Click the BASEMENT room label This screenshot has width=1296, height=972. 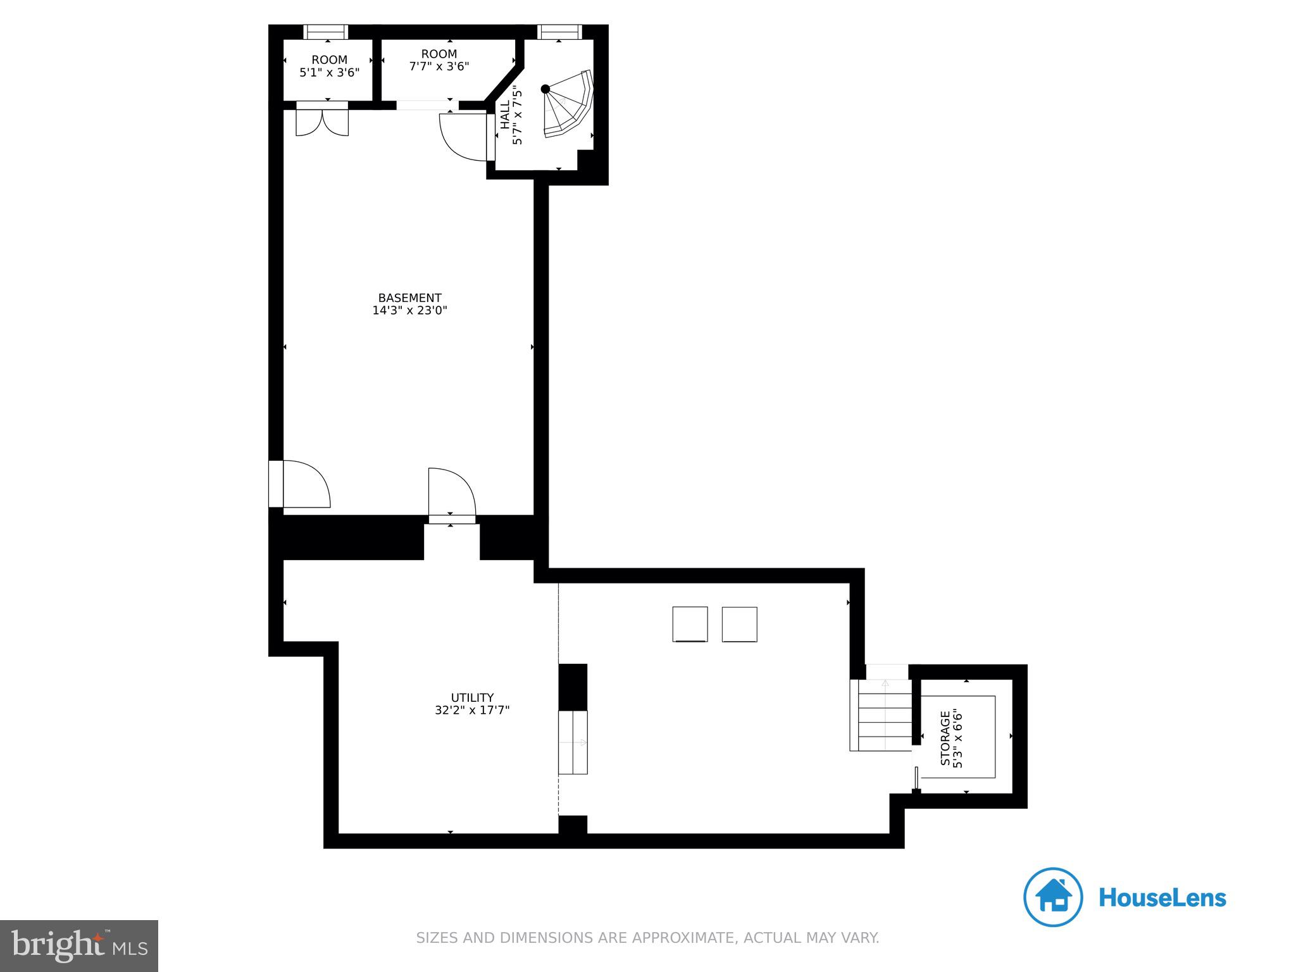(x=409, y=298)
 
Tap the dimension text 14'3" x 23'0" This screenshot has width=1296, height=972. (x=409, y=311)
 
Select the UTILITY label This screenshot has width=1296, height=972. (x=472, y=698)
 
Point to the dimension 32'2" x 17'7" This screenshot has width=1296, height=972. (x=472, y=711)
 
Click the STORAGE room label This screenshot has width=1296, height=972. (x=945, y=738)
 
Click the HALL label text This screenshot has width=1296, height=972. (x=506, y=115)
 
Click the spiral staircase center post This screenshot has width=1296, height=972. (x=545, y=89)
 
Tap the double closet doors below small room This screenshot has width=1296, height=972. (x=322, y=123)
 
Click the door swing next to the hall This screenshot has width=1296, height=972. (x=464, y=135)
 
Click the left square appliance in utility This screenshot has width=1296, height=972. (x=690, y=624)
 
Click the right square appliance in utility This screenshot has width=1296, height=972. (x=739, y=624)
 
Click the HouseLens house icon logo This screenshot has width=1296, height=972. (x=1053, y=897)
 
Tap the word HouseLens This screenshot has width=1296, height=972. (x=1162, y=898)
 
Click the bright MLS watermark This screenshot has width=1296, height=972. (x=78, y=945)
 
